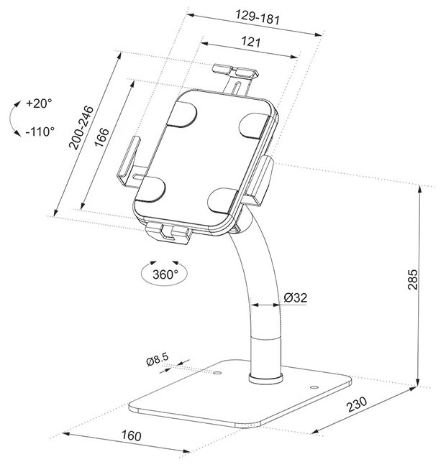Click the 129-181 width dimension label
258,17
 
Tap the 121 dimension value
251,42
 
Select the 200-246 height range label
81,127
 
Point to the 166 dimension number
101,137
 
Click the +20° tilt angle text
39,103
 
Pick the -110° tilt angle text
40,131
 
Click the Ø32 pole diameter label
295,297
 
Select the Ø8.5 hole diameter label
158,359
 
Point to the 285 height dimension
413,279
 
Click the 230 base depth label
357,404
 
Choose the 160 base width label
131,435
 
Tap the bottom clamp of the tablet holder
169,233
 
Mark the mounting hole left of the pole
218,373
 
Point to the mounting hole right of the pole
314,387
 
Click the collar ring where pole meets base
266,377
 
